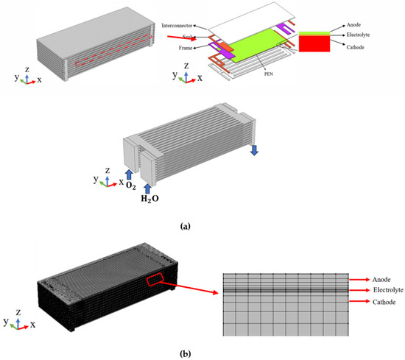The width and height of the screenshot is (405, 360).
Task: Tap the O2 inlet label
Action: coord(131,186)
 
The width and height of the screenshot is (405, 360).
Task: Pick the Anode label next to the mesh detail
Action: coord(381,279)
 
